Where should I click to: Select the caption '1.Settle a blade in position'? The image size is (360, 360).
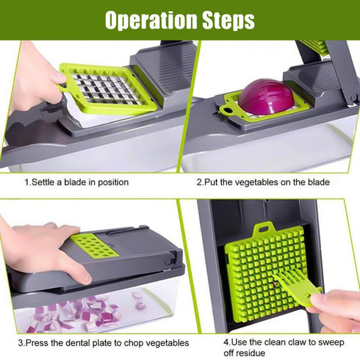pos(76,181)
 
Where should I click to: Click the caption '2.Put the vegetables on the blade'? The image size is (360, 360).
pos(262,181)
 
